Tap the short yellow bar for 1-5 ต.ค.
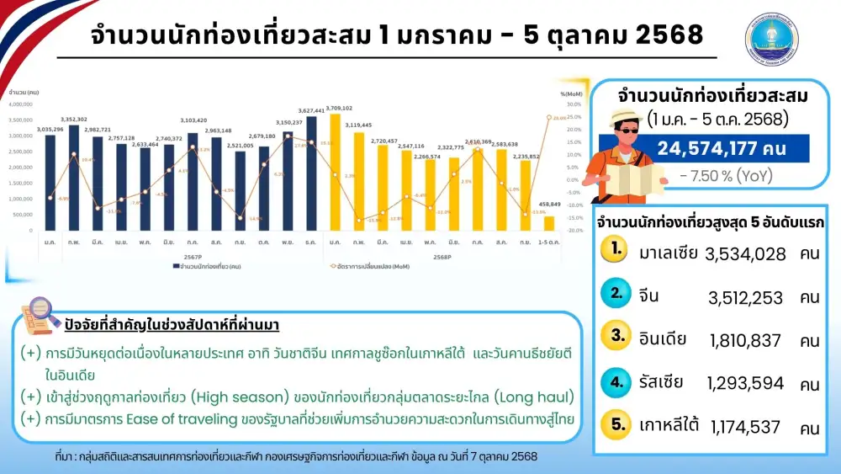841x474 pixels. pos(549,223)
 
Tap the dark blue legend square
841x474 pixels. pos(175,265)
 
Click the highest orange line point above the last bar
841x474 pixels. pos(549,117)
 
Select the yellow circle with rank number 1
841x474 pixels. pos(618,250)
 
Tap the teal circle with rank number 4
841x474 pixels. pos(618,381)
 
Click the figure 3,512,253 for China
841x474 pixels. pos(745,297)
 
